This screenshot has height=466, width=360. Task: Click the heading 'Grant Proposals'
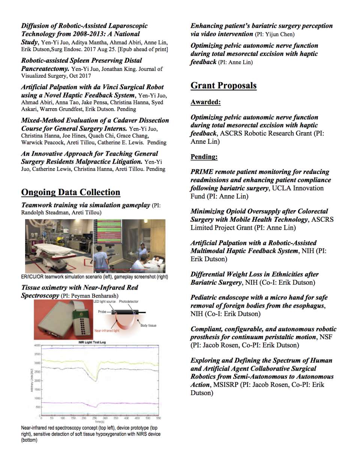[223, 86]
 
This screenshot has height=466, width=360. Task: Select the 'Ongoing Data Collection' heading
[70, 192]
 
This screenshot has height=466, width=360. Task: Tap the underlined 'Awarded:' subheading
[205, 102]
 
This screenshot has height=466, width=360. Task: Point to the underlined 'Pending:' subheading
[204, 157]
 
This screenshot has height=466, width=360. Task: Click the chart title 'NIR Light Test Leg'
[92, 342]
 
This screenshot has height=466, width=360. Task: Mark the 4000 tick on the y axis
[37, 345]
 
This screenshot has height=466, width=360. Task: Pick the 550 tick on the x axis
[159, 418]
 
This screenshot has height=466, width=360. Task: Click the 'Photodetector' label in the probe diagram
[129, 302]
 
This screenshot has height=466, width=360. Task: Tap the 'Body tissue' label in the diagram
[148, 326]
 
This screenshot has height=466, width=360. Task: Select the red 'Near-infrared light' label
[106, 331]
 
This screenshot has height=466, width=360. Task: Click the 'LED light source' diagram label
[105, 302]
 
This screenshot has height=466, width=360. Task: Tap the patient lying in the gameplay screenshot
[158, 259]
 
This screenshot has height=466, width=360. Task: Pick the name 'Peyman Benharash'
[94, 296]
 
